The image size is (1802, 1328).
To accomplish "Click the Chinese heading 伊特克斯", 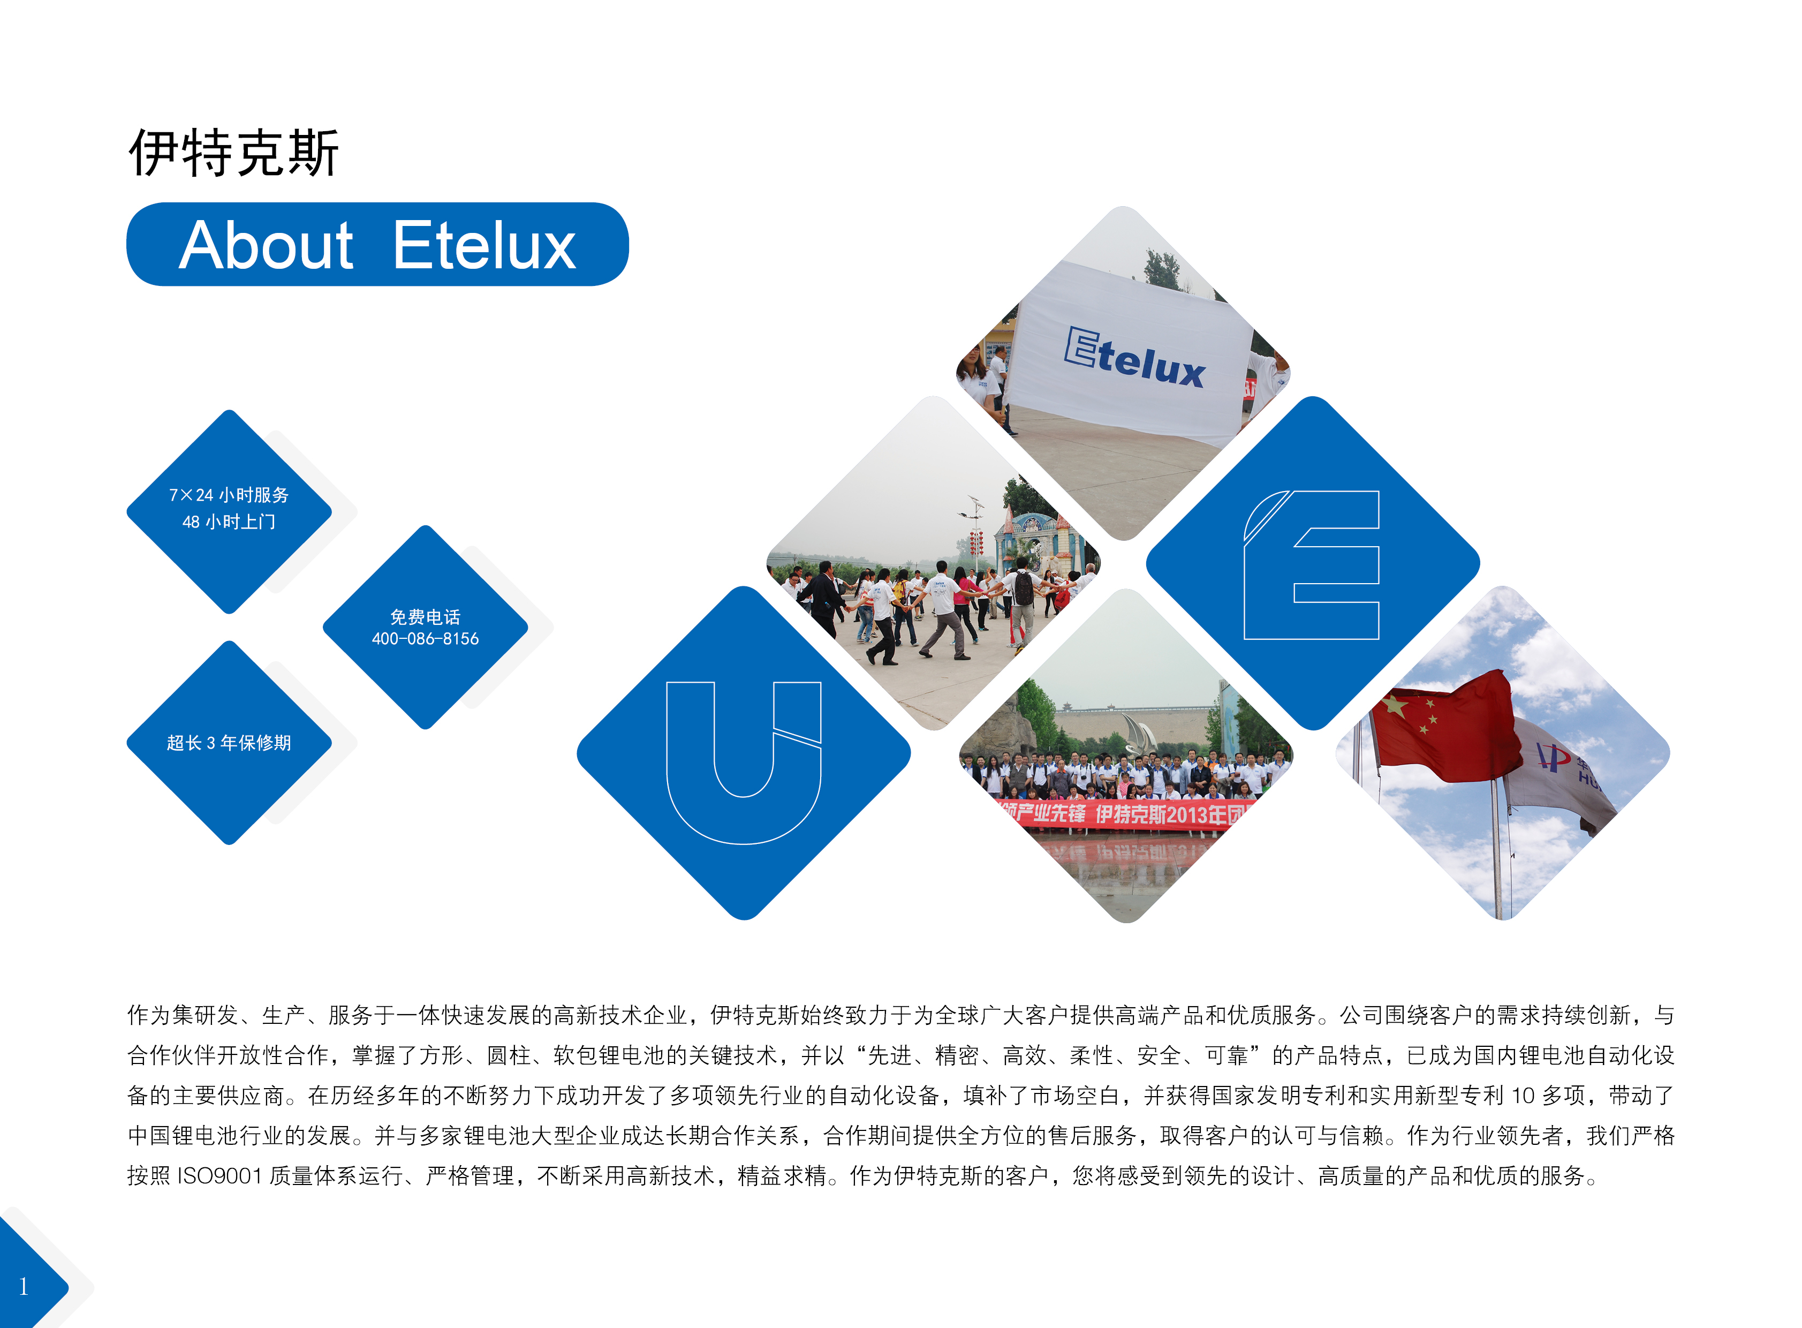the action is point(234,153).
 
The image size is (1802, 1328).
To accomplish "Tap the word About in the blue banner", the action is point(266,245).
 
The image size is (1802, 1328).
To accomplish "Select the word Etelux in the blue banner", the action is point(484,245).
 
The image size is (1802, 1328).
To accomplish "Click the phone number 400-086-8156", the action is point(425,639).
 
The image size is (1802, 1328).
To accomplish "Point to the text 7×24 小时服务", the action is point(229,495).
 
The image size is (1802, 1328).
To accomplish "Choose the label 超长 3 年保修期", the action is point(229,743).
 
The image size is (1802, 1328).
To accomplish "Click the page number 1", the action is point(24,1287).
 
